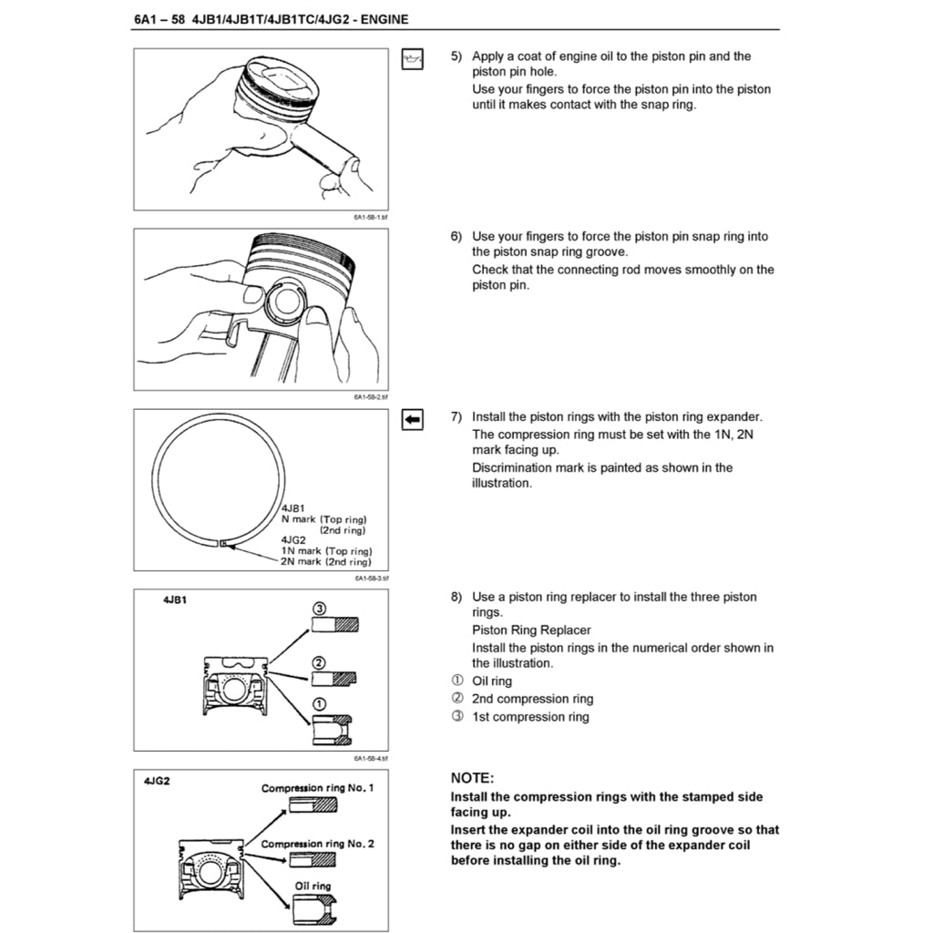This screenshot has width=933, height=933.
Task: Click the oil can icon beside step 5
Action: coord(413,59)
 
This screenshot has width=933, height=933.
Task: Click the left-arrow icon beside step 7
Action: coord(413,419)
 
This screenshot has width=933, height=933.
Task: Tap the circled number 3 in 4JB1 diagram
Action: coord(319,609)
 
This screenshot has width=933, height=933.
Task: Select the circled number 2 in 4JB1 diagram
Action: coord(319,661)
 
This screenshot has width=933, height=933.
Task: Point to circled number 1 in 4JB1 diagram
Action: coord(319,704)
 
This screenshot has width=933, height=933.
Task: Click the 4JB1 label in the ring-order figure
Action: coord(175,601)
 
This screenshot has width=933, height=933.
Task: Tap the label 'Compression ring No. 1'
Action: coord(317,787)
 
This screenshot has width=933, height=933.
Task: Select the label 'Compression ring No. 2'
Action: coord(317,844)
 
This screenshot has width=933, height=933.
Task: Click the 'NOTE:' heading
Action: coord(472,778)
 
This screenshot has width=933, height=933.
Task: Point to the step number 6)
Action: coord(457,237)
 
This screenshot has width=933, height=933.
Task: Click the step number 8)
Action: coord(457,598)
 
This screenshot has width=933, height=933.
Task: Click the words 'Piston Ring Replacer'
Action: coord(531,631)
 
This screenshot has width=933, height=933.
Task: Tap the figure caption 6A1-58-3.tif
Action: coord(372,578)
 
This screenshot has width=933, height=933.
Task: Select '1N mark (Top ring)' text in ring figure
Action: coord(326,551)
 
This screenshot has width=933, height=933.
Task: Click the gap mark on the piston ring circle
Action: coord(222,544)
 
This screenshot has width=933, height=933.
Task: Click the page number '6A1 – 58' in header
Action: coord(159,18)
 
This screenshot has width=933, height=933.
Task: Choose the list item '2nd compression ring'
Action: coord(532,699)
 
